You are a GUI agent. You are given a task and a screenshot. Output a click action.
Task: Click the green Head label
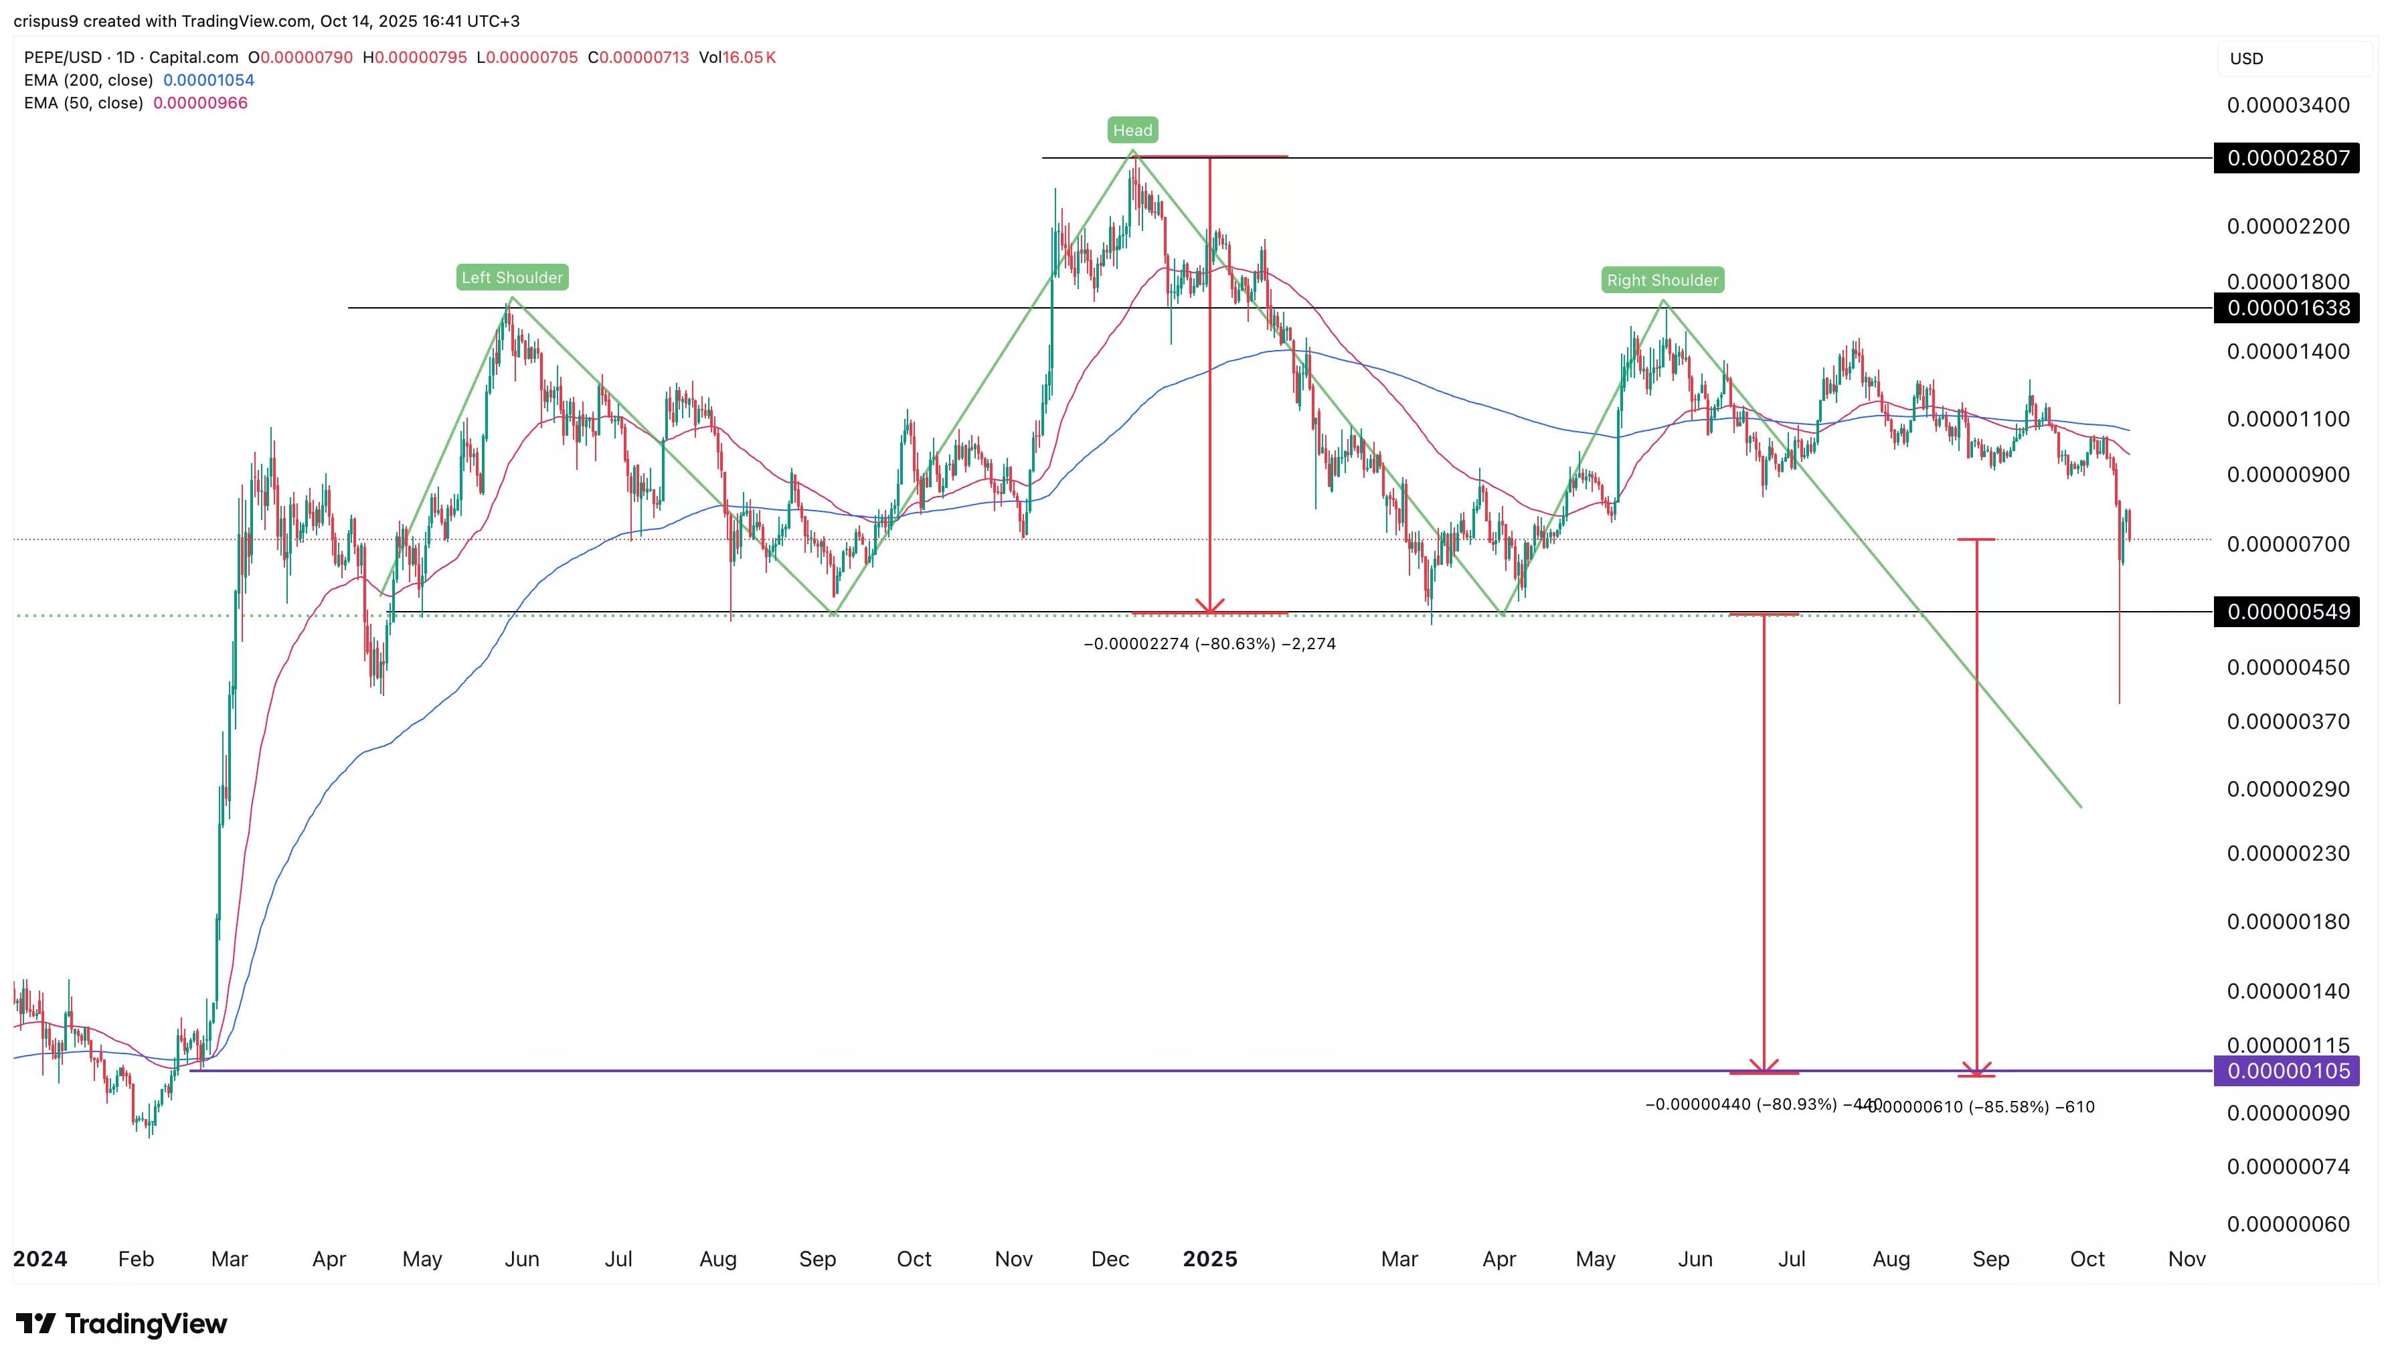point(1132,131)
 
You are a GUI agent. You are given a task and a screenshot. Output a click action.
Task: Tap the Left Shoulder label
point(512,277)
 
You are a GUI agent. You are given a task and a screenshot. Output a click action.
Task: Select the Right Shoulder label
point(1662,280)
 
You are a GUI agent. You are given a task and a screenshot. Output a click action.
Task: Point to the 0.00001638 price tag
point(2287,309)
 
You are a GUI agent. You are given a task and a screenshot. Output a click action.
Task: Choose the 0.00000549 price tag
point(2287,612)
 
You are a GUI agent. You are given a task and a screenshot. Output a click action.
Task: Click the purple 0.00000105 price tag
point(2287,1071)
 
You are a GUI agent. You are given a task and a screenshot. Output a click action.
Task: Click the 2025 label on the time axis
point(1210,1259)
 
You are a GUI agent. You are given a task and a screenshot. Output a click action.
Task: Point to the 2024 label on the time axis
point(40,1259)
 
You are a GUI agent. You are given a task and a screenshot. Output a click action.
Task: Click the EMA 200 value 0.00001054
point(209,80)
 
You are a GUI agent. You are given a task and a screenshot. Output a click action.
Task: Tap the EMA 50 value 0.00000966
point(200,103)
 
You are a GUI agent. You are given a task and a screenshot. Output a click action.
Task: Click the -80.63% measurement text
point(1209,644)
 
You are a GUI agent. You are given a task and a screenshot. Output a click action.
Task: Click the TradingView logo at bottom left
point(122,1324)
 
